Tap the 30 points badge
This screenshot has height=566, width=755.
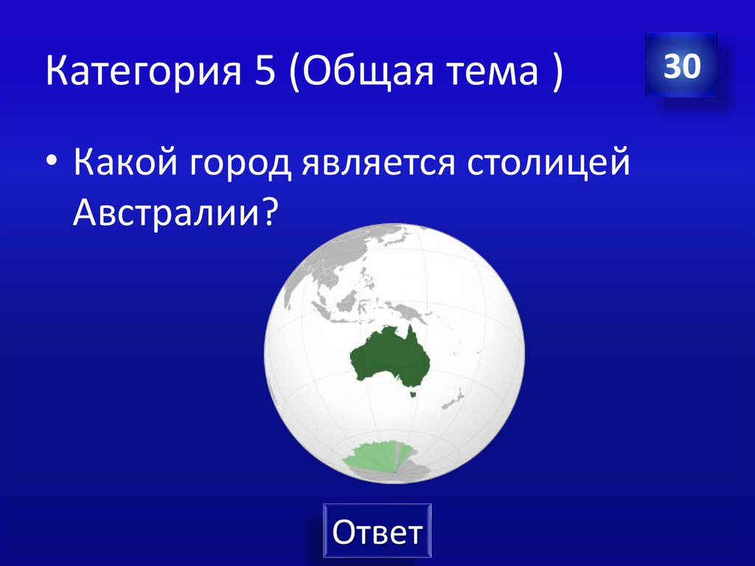point(681,66)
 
